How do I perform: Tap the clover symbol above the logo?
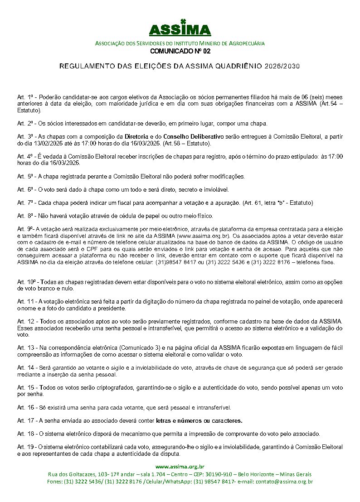183,21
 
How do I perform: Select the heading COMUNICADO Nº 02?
180,51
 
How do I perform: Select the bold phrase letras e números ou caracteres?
199,420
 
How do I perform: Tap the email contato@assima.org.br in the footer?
284,481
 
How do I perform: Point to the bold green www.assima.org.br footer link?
180,466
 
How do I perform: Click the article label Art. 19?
25,446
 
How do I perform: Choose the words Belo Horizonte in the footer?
272,474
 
